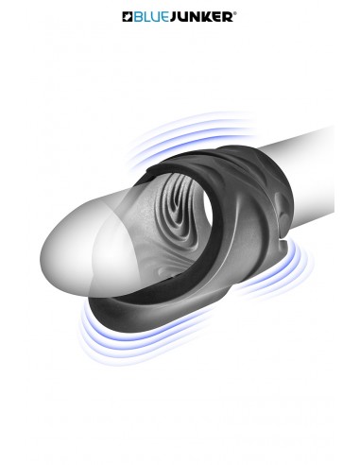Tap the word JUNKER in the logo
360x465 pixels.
coord(201,16)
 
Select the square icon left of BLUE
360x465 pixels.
coord(129,16)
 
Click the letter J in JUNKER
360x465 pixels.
coord(176,16)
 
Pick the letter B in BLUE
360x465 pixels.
coord(141,16)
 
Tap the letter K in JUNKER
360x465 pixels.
coord(207,16)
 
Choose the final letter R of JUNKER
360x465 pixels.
coord(228,16)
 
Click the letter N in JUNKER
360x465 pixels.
coord(197,16)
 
